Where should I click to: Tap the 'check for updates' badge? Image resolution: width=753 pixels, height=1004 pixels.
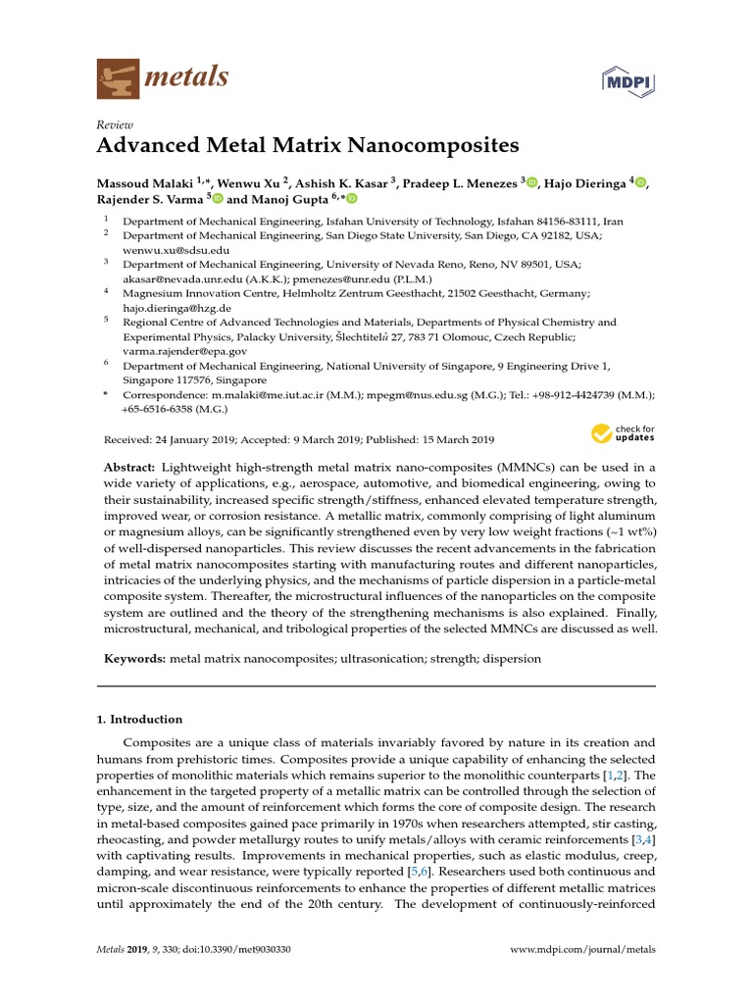pyautogui.click(x=623, y=433)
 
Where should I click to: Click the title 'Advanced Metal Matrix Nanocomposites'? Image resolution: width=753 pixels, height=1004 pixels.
pyautogui.click(x=308, y=146)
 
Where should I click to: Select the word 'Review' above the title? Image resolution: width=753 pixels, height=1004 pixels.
pyautogui.click(x=114, y=125)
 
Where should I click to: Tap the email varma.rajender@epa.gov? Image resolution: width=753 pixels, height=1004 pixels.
pyautogui.click(x=184, y=350)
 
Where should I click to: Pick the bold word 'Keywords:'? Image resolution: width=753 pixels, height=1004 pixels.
pyautogui.click(x=134, y=659)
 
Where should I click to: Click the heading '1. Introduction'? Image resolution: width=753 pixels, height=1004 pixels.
pyautogui.click(x=139, y=719)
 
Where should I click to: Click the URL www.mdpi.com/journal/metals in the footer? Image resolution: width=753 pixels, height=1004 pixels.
pyautogui.click(x=583, y=950)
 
